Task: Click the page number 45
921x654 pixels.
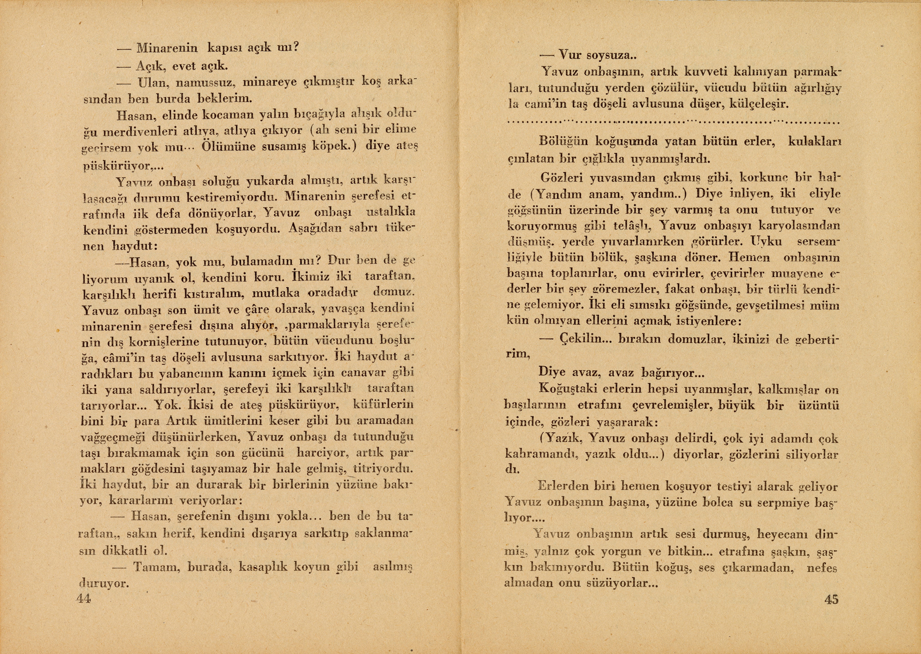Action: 831,600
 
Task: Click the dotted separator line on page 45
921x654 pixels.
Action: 673,121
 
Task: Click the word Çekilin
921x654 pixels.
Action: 580,339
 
